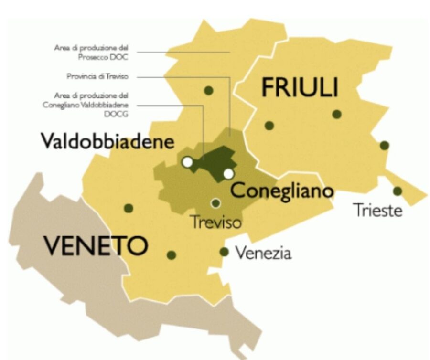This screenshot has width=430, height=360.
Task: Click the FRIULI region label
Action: [300, 88]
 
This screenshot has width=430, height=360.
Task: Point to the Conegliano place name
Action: [282, 191]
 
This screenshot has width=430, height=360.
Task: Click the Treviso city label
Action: [216, 222]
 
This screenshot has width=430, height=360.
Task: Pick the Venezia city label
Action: [263, 253]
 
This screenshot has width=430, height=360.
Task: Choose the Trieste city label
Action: [378, 210]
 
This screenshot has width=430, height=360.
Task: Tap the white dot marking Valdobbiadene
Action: [187, 162]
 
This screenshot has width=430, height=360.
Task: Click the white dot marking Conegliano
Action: [229, 173]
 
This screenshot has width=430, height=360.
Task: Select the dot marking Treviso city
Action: [216, 203]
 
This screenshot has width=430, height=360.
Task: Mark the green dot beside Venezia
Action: [224, 252]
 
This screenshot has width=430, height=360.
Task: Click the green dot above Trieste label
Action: [398, 191]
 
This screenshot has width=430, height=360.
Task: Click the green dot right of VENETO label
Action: [172, 255]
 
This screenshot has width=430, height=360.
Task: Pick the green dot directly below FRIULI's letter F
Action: [269, 126]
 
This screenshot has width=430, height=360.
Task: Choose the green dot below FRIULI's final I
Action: [337, 114]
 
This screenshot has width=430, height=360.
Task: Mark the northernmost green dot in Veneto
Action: [208, 90]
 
